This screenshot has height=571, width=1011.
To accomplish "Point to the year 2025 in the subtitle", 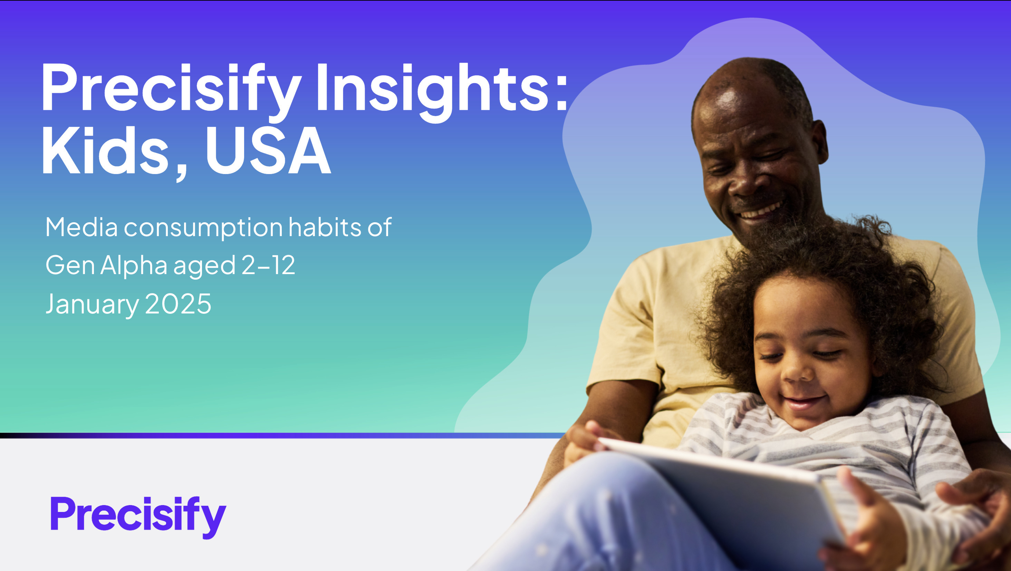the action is pos(178,304).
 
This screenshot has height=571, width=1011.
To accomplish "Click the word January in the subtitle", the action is pos(92,305).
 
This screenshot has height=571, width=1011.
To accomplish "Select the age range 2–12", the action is pos(268,265).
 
